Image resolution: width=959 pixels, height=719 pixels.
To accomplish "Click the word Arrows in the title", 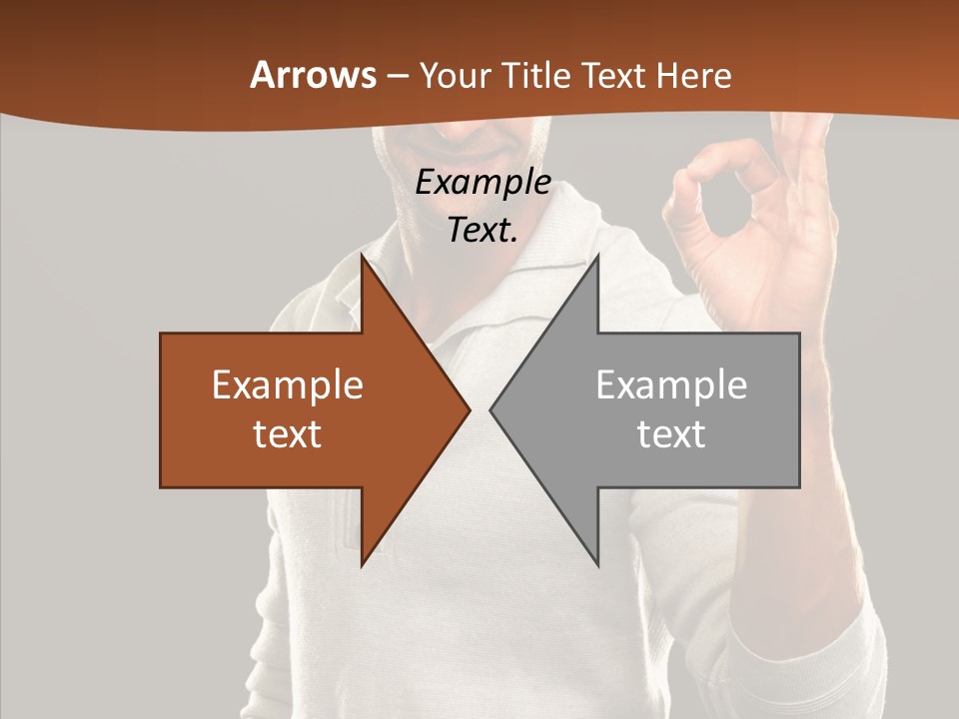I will pyautogui.click(x=314, y=75).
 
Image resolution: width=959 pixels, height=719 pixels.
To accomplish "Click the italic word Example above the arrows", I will pyautogui.click(x=483, y=183).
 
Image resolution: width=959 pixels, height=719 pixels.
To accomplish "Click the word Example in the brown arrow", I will pyautogui.click(x=288, y=384).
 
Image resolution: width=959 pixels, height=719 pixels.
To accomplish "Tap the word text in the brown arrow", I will pyautogui.click(x=288, y=434).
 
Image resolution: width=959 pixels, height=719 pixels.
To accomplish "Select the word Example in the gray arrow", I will pyautogui.click(x=671, y=384).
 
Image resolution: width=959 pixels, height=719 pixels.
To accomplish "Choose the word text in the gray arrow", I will pyautogui.click(x=671, y=434).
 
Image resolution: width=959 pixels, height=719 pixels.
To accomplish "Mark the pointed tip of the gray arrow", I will pyautogui.click(x=491, y=409).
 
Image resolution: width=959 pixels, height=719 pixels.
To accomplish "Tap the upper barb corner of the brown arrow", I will pyautogui.click(x=363, y=257).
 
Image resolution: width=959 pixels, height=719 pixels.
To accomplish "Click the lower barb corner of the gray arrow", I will pyautogui.click(x=597, y=564).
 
